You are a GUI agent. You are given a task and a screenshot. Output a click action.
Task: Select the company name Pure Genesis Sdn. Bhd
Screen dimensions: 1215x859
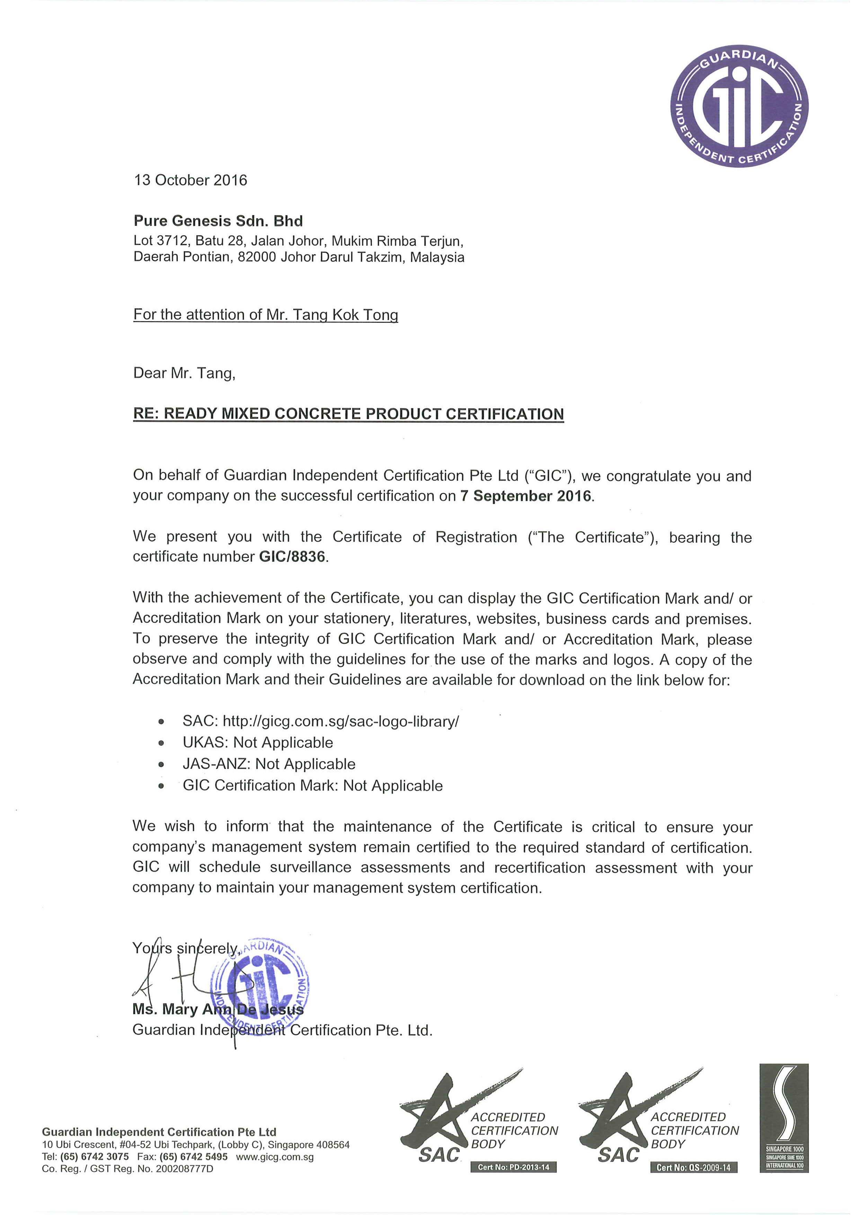tap(218, 221)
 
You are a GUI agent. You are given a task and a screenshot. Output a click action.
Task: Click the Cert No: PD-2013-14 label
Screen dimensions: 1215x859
tap(513, 1167)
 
